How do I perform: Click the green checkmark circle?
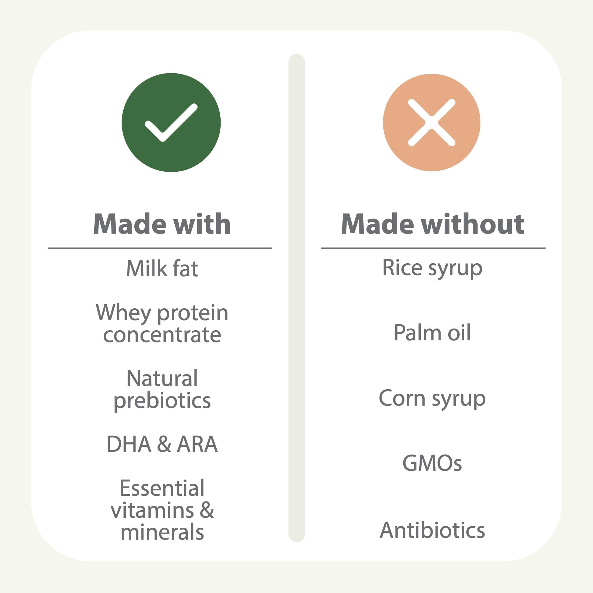(171, 122)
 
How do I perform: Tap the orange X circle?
(431, 122)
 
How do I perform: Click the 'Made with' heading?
(162, 224)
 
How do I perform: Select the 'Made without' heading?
(433, 224)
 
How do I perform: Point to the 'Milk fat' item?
(162, 269)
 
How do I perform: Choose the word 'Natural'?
(162, 378)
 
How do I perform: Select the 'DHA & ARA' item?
(162, 444)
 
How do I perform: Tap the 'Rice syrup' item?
(432, 269)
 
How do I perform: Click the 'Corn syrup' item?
(432, 399)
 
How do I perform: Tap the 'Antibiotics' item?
(432, 530)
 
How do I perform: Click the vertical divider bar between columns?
(296, 298)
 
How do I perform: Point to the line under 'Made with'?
(160, 248)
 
